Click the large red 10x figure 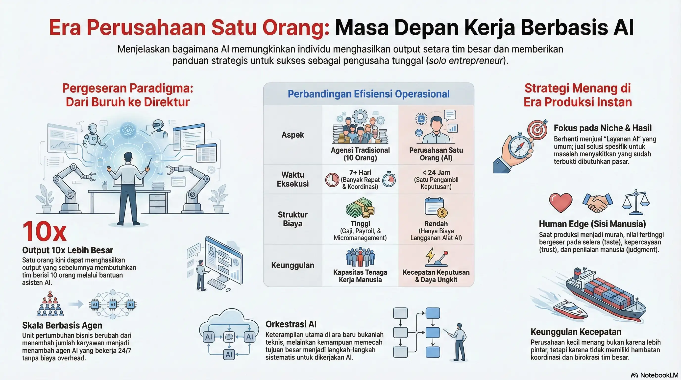point(44,231)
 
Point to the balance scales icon point(636,202)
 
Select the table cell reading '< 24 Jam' point(436,173)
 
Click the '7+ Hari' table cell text point(360,173)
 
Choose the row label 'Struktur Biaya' point(293,219)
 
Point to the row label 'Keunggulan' point(293,265)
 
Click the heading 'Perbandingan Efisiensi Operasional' point(368,94)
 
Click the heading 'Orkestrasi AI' point(291,324)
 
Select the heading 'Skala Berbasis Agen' point(62,325)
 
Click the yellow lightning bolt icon point(430,255)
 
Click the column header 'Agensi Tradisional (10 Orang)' point(360,154)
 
